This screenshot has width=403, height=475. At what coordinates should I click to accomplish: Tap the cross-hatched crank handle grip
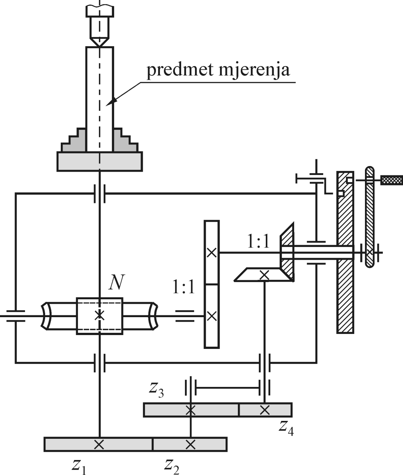tap(391, 181)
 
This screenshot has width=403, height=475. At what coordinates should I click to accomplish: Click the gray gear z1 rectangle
tap(98, 444)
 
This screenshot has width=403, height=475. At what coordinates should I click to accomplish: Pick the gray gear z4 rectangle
tap(265, 410)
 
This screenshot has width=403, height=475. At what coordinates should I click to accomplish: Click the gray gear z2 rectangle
tap(190, 444)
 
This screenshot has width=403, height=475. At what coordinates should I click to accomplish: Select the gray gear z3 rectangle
tap(191, 410)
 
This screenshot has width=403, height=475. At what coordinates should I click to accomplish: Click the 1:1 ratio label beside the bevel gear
tap(258, 242)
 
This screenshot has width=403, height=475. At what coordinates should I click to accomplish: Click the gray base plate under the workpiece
tap(99, 161)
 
